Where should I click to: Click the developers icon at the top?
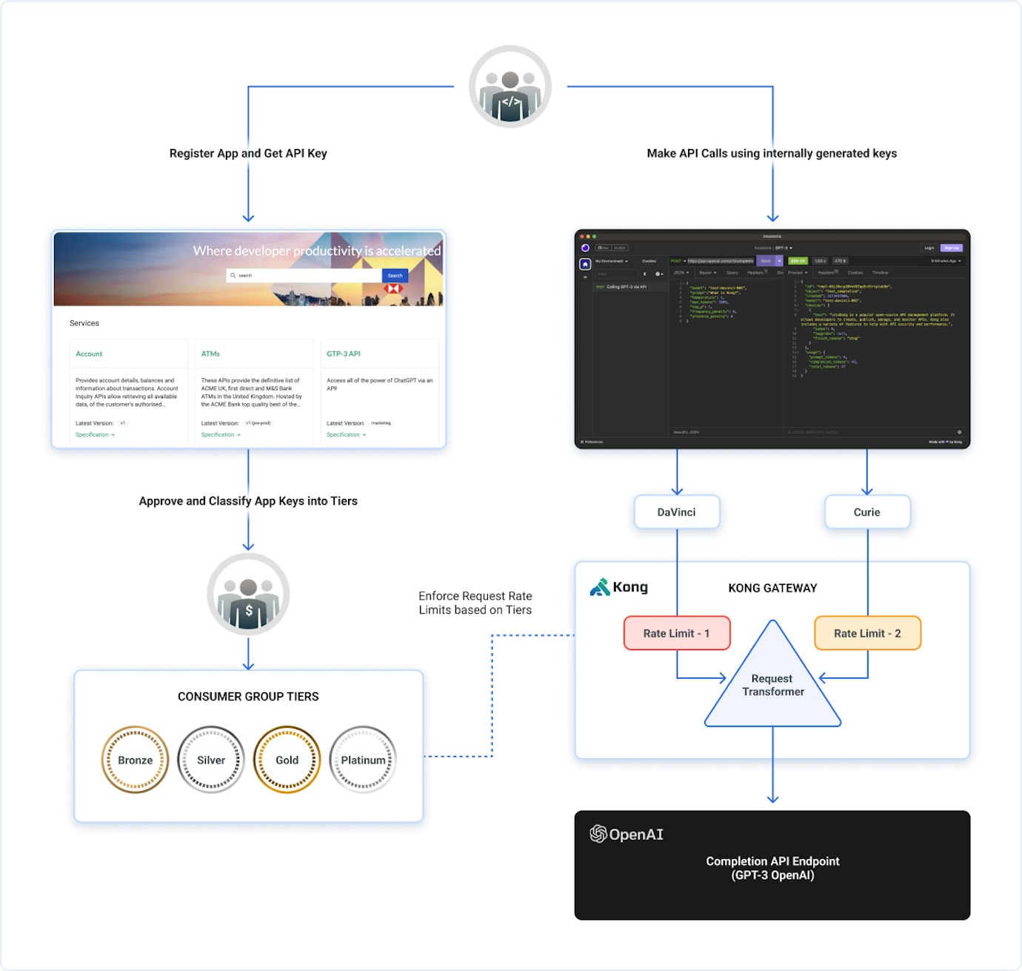[510, 87]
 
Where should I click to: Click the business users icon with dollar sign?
[248, 594]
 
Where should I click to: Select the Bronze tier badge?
[135, 760]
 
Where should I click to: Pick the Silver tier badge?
[211, 760]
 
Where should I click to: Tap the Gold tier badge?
[287, 760]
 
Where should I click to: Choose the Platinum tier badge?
[363, 760]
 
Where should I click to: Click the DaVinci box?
[677, 512]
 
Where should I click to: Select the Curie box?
[867, 512]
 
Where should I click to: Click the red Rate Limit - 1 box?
[677, 633]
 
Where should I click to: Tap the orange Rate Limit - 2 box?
[867, 633]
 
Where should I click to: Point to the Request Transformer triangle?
[772, 685]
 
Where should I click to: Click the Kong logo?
[619, 588]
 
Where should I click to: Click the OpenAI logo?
[627, 834]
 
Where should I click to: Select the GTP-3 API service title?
[344, 354]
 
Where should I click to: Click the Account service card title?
[89, 354]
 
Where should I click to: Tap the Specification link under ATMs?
[220, 435]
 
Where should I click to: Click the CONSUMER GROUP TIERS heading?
[248, 697]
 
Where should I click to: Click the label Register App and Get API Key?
[248, 153]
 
